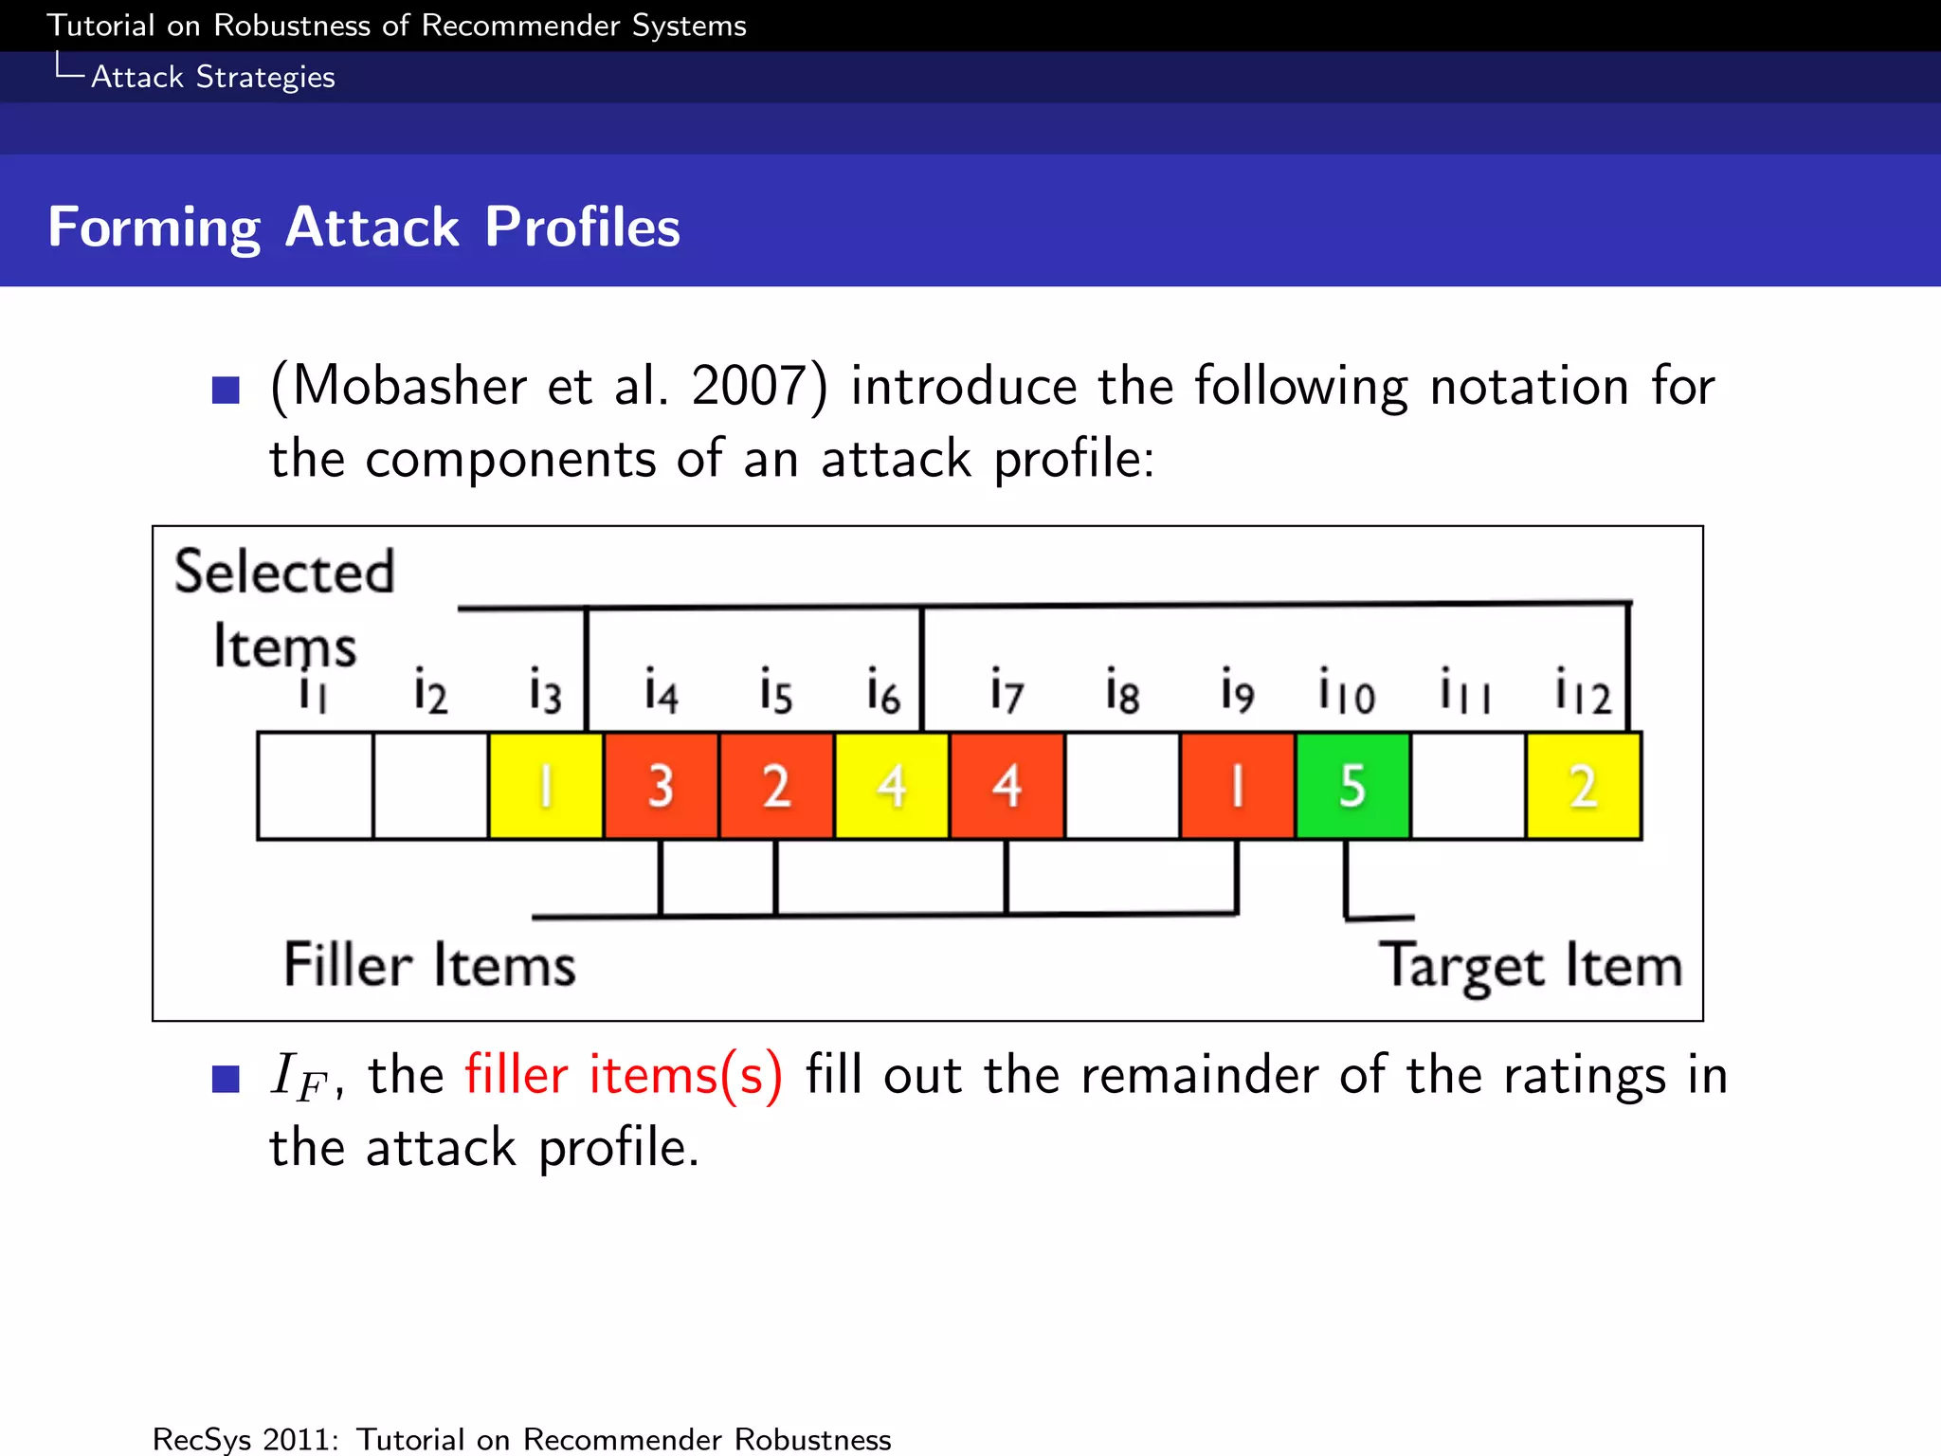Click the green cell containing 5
tap(1352, 786)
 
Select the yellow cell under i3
tap(546, 786)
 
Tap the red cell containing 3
tap(661, 786)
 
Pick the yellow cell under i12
tap(1584, 786)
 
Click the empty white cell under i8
tap(1122, 786)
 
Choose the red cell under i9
tap(1237, 786)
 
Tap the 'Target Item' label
tap(1529, 966)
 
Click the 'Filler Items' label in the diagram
tap(429, 966)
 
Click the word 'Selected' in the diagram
tap(283, 572)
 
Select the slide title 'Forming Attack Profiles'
tap(364, 227)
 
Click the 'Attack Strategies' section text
tap(212, 77)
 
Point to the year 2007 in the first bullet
tap(749, 387)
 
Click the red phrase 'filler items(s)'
tap(624, 1076)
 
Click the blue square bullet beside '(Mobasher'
tap(226, 390)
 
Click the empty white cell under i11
tap(1468, 786)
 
